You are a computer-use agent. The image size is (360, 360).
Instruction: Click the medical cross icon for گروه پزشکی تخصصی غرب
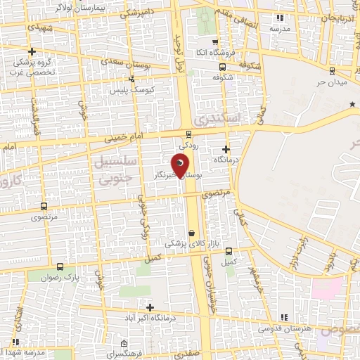tap(32, 51)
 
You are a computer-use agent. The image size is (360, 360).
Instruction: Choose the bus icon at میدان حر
tap(331, 70)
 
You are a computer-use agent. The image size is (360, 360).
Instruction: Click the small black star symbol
tap(352, 104)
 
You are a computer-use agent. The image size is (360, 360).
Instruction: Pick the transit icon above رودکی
tap(188, 134)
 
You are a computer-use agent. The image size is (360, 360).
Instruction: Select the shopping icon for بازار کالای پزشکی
tap(192, 233)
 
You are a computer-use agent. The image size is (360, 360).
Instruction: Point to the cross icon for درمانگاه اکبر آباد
tap(150, 307)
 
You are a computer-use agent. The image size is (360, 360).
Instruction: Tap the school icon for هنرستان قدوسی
tap(284, 318)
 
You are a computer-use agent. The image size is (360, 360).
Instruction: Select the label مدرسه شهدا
tap(25, 352)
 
